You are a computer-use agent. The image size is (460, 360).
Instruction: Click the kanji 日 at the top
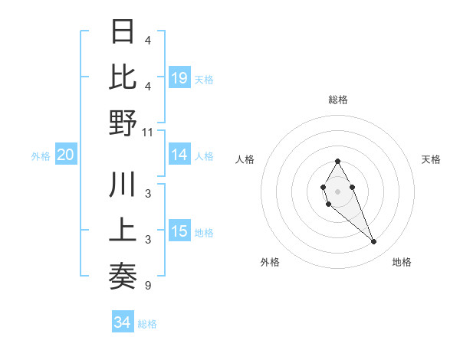(123, 32)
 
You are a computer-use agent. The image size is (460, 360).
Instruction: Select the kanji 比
(123, 77)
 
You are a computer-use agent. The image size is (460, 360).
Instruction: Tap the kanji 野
(123, 123)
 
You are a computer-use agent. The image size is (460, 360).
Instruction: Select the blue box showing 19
(179, 78)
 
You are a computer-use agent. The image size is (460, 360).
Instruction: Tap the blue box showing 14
(179, 155)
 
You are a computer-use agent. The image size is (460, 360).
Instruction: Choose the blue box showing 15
(179, 231)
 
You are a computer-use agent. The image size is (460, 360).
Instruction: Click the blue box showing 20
(65, 155)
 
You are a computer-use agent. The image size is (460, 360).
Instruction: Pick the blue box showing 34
(122, 322)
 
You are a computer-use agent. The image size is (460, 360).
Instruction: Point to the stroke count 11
(148, 133)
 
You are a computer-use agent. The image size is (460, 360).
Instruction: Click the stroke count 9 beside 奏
(148, 286)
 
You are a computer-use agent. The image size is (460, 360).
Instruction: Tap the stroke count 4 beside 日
(148, 41)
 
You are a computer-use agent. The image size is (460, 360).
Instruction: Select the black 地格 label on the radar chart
(402, 262)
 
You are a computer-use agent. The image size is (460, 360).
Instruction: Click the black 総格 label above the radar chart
(338, 100)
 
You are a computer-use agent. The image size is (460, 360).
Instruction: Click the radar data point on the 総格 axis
(337, 161)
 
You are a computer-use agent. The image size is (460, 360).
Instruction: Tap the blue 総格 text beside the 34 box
(147, 324)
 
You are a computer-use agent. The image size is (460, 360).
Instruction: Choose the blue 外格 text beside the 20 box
(41, 156)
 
